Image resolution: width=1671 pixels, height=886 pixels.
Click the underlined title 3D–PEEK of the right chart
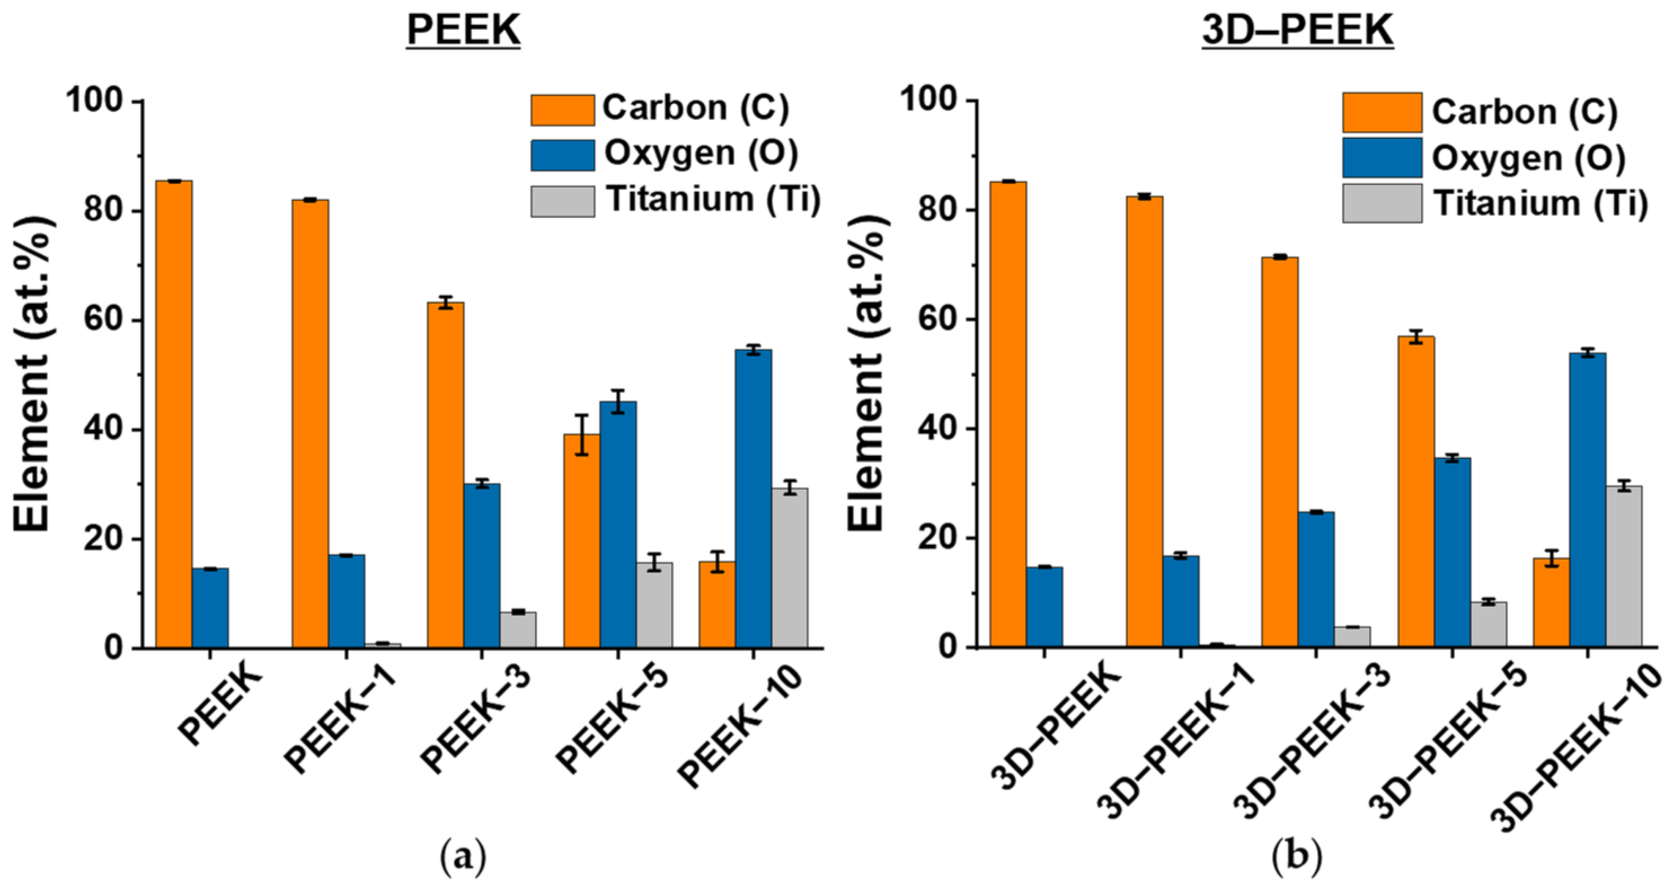[x=1297, y=30]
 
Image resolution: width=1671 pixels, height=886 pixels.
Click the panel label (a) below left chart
[x=463, y=858]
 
